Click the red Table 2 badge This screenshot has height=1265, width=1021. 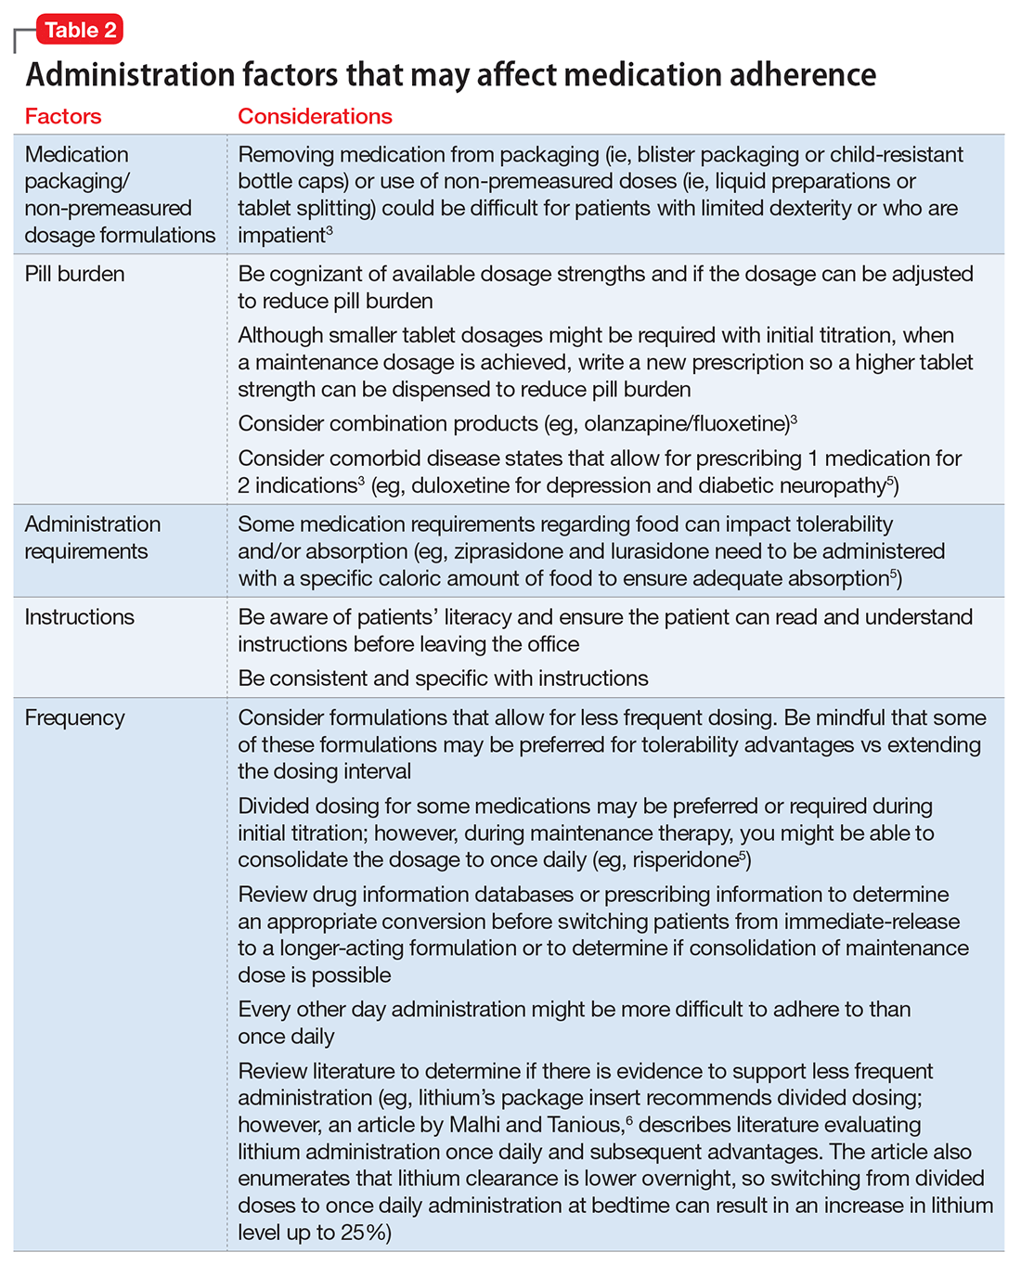(80, 30)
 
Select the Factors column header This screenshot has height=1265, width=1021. (63, 116)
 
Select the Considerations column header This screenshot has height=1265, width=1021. (315, 116)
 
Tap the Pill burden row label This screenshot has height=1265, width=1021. (74, 274)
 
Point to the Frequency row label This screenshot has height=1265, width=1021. (74, 717)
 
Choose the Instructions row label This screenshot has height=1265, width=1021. (79, 617)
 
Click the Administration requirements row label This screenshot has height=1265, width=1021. (92, 537)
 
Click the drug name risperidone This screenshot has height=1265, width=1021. (684, 860)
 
